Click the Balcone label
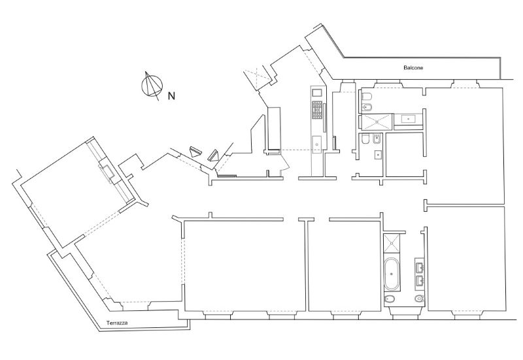(413, 68)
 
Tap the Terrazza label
(117, 323)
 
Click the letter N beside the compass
(171, 96)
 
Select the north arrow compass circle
(152, 86)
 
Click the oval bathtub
(392, 274)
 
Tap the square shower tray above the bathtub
(392, 244)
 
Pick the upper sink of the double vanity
(419, 267)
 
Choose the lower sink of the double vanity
(419, 282)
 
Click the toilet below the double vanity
(419, 299)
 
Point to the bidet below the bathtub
(389, 299)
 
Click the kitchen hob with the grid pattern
(317, 110)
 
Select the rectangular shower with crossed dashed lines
(377, 122)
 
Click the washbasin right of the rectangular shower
(408, 119)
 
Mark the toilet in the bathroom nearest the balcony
(366, 97)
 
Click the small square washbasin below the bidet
(378, 155)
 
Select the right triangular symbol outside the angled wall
(213, 155)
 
